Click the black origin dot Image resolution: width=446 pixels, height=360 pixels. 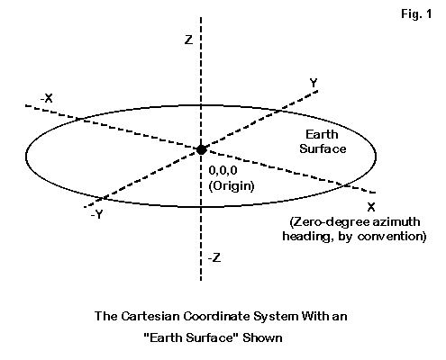click(x=201, y=149)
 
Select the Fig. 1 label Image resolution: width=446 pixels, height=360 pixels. click(x=416, y=13)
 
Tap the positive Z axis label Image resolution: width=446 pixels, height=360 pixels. click(x=188, y=40)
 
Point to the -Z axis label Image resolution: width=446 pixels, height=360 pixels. click(x=214, y=257)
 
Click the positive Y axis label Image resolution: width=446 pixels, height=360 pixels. click(x=314, y=83)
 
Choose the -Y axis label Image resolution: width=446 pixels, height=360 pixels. click(x=96, y=214)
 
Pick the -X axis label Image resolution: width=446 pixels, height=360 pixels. click(x=47, y=98)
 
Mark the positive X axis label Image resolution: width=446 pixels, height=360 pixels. click(x=371, y=207)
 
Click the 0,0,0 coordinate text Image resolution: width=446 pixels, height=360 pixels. click(x=223, y=170)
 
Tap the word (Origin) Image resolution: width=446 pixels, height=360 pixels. click(x=232, y=185)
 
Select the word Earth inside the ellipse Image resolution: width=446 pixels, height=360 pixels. click(x=322, y=134)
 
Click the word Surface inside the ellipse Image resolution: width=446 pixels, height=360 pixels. click(x=323, y=148)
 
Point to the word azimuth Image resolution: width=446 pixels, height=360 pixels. click(x=396, y=221)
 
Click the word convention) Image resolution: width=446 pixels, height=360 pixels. click(x=392, y=236)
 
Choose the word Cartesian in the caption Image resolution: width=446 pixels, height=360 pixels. click(x=150, y=316)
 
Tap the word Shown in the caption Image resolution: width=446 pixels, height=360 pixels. click(x=262, y=337)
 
